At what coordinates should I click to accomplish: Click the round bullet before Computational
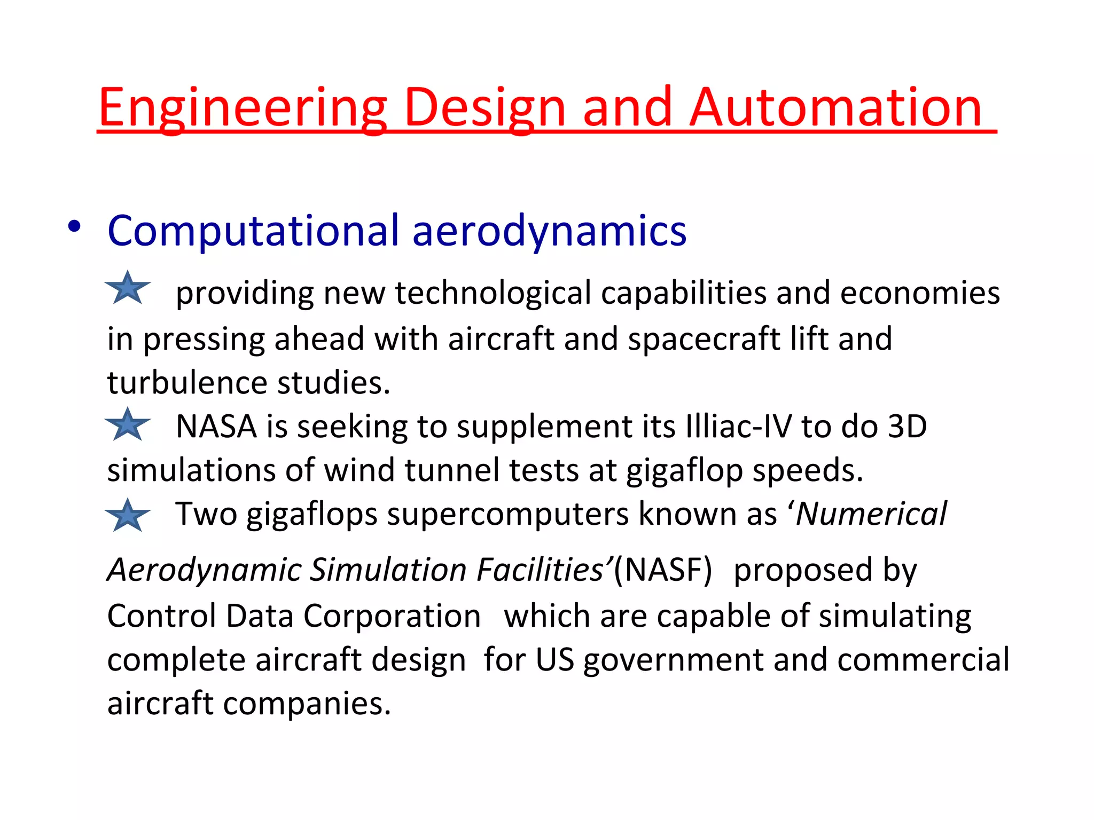pyautogui.click(x=74, y=227)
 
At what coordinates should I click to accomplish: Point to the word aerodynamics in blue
pyautogui.click(x=549, y=231)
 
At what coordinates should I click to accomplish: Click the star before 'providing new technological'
pyautogui.click(x=128, y=289)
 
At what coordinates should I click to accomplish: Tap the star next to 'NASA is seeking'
pyautogui.click(x=128, y=425)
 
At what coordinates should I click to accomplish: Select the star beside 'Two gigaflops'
pyautogui.click(x=128, y=516)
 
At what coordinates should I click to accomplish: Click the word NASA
pyautogui.click(x=216, y=427)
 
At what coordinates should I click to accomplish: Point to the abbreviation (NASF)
pyautogui.click(x=663, y=570)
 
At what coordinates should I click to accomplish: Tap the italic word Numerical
pyautogui.click(x=871, y=514)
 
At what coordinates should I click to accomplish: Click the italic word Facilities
pyautogui.click(x=540, y=570)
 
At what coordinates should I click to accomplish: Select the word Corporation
pyautogui.click(x=392, y=616)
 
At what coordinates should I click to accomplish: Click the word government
pyautogui.click(x=674, y=660)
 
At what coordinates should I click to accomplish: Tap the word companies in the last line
pyautogui.click(x=307, y=704)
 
